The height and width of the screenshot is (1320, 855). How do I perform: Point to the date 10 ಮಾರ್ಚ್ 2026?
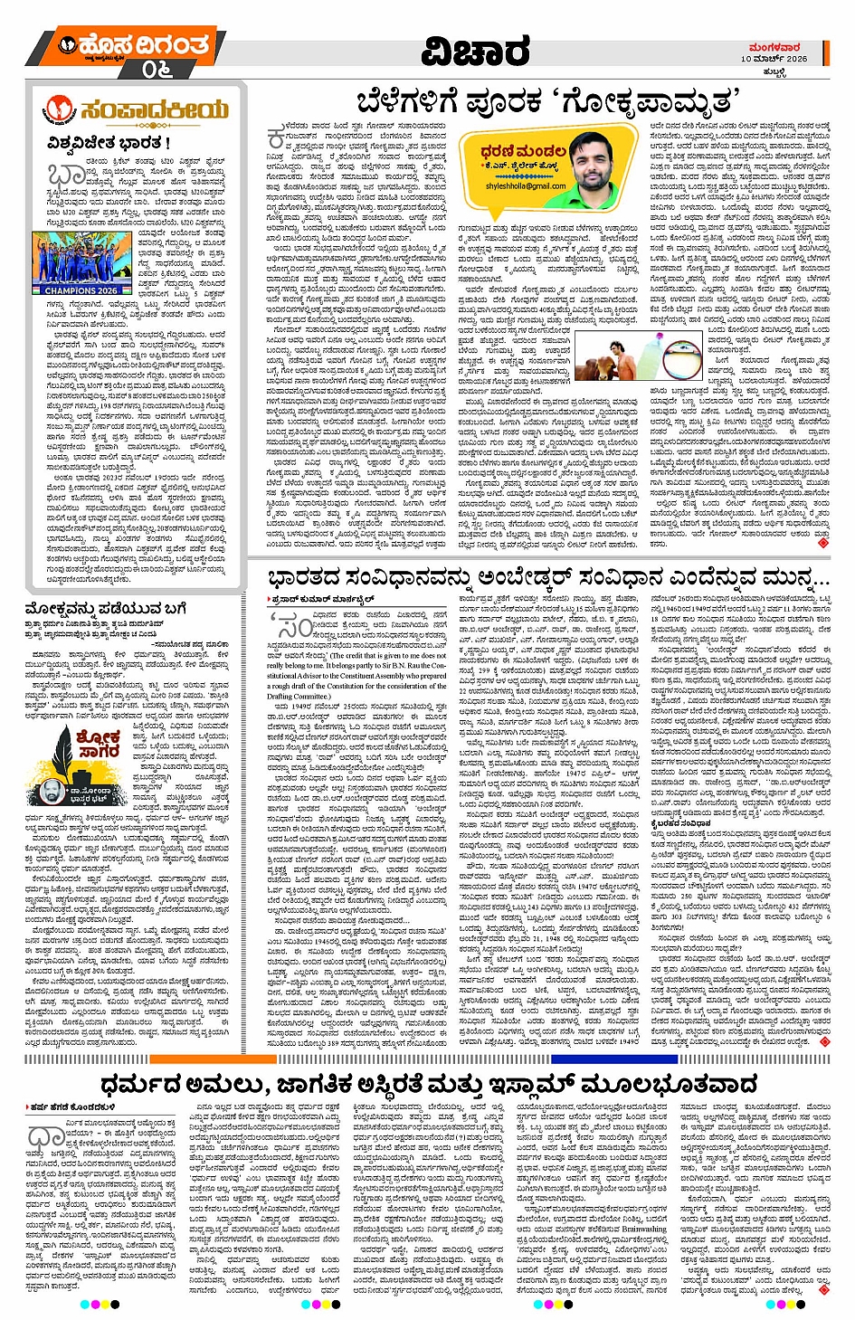coord(774,58)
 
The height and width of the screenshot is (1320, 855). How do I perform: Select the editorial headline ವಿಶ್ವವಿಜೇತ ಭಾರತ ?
coord(109,143)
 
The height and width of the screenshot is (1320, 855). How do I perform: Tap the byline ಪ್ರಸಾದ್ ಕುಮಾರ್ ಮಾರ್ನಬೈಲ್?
coord(309,600)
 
